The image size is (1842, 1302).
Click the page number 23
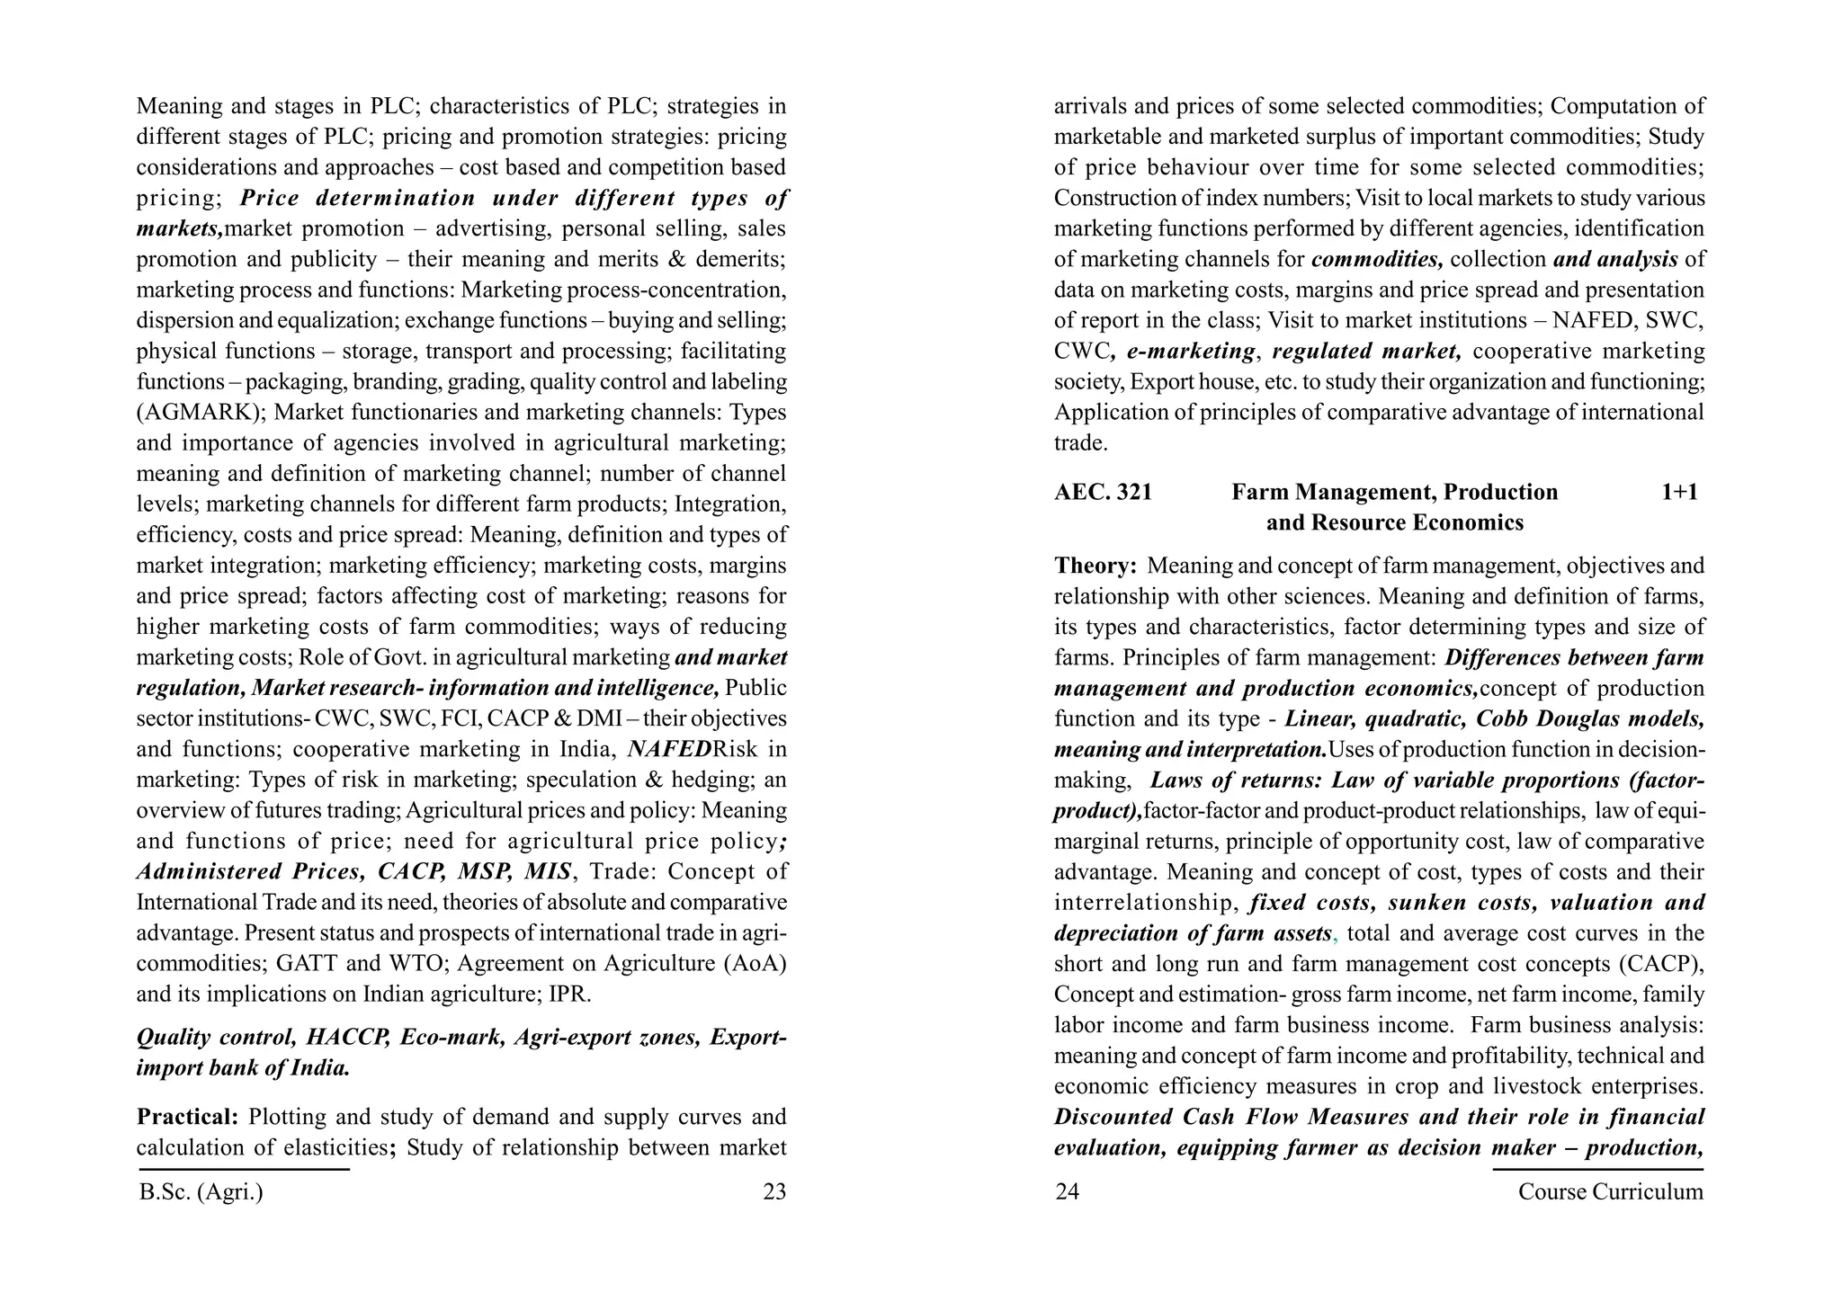(x=773, y=1191)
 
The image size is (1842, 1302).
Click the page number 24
(x=1067, y=1191)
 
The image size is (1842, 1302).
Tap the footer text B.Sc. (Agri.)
(x=201, y=1191)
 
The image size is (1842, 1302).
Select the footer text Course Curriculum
(x=1610, y=1191)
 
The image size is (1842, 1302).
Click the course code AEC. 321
(x=1103, y=492)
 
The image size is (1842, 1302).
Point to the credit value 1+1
(x=1678, y=492)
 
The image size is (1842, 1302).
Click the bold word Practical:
(x=187, y=1117)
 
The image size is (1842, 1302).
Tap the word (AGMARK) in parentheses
(x=199, y=413)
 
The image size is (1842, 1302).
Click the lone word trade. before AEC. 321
(x=1080, y=443)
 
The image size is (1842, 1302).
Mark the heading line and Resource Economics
(x=1394, y=522)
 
